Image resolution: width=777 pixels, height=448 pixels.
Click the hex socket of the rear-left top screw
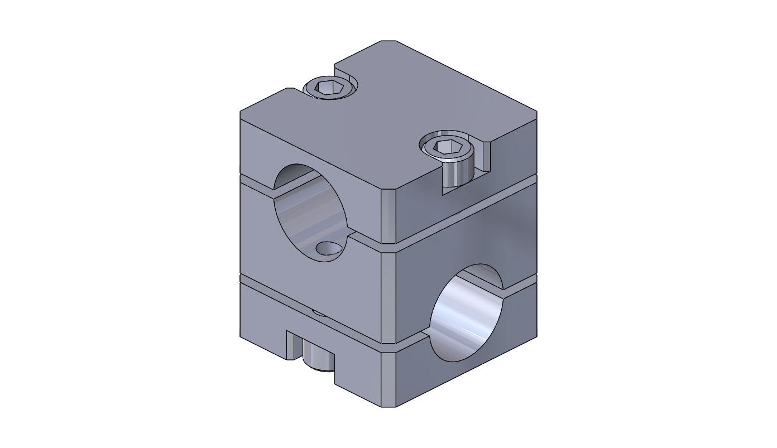pos(325,86)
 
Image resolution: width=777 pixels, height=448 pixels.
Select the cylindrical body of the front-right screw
pos(457,172)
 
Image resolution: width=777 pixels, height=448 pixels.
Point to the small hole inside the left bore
pos(328,248)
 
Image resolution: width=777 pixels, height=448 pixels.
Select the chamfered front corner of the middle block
pos(388,296)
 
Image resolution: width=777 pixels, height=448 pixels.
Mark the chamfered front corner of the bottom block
pos(388,379)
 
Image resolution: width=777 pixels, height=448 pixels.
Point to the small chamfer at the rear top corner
pos(388,42)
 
